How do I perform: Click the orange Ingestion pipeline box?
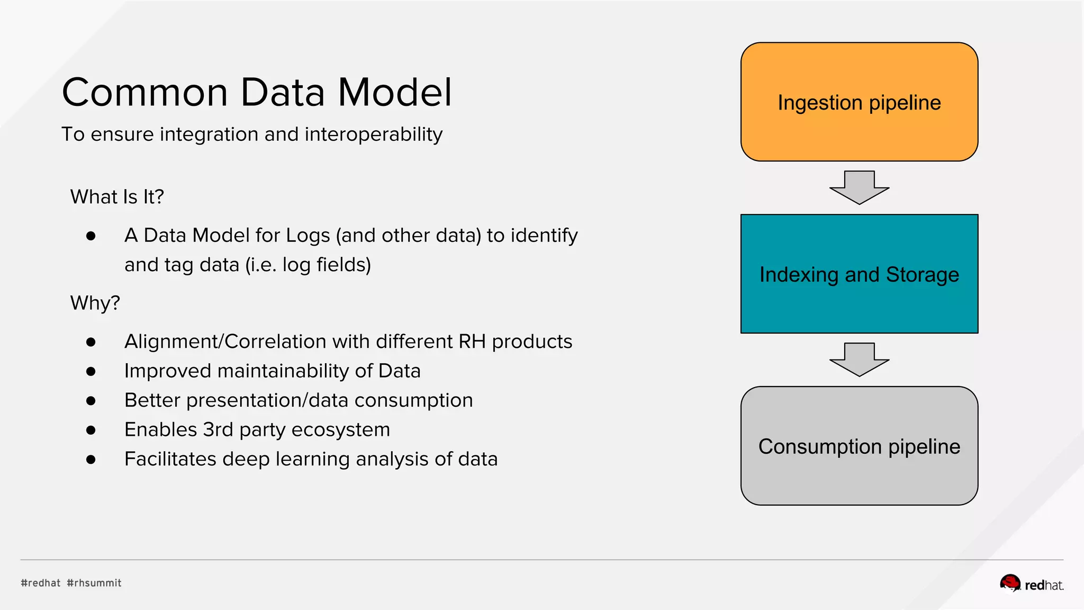859,102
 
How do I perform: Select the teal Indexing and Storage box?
859,274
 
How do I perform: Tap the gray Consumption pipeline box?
859,446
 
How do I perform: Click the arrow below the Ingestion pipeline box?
859,187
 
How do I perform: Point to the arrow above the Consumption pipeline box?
859,360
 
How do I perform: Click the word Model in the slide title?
395,93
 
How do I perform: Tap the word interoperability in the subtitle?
373,134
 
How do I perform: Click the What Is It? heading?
117,197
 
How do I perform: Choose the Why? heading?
95,303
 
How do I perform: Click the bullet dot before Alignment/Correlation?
91,342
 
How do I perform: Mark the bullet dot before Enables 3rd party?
91,430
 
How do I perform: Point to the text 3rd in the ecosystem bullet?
218,429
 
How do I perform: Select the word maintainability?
283,371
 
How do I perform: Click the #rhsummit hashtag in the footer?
94,583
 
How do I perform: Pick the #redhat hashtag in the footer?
41,583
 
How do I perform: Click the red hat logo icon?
1010,583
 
